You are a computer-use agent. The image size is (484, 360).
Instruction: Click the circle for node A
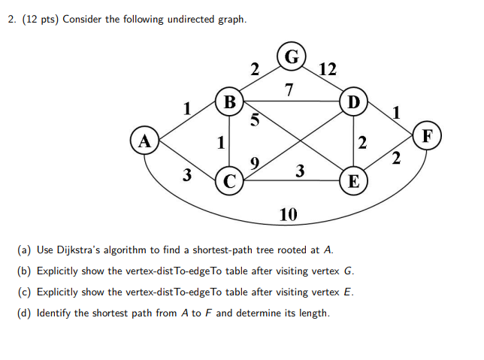(x=143, y=140)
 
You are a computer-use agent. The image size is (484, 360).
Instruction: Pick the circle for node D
(x=352, y=101)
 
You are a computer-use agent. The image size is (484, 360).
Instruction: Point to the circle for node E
(x=352, y=180)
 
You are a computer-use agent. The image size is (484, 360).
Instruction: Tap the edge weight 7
(x=290, y=91)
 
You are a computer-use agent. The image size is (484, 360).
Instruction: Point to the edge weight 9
(x=255, y=162)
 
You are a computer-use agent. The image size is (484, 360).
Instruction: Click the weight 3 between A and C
(x=187, y=176)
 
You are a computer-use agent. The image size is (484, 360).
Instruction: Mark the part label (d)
(x=23, y=313)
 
